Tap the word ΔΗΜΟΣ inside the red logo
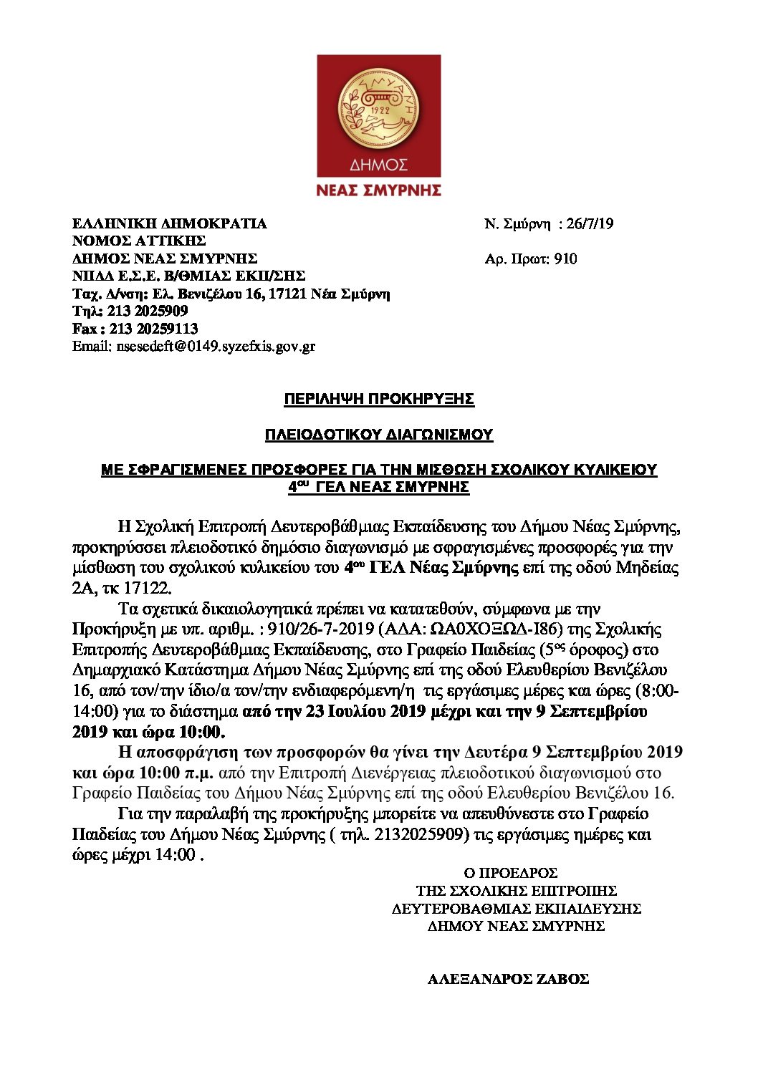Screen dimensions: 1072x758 point(378,165)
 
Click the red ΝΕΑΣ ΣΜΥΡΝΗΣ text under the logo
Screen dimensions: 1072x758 point(378,190)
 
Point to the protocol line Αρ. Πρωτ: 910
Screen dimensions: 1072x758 point(530,259)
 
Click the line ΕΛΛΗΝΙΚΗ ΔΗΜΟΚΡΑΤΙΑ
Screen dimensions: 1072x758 point(170,223)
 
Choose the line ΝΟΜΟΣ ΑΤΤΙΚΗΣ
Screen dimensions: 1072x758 point(139,241)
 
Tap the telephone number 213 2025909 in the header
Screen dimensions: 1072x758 point(148,311)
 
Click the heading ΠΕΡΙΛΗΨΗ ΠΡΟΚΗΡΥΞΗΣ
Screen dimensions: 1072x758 point(379,399)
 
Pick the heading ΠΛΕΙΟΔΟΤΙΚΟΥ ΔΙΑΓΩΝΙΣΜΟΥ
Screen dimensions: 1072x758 point(379,434)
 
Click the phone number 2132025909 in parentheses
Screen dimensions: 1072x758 point(422,835)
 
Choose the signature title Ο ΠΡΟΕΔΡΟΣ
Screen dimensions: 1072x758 point(510,873)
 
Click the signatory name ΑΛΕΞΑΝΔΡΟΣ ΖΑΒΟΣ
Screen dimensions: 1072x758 point(508,979)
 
